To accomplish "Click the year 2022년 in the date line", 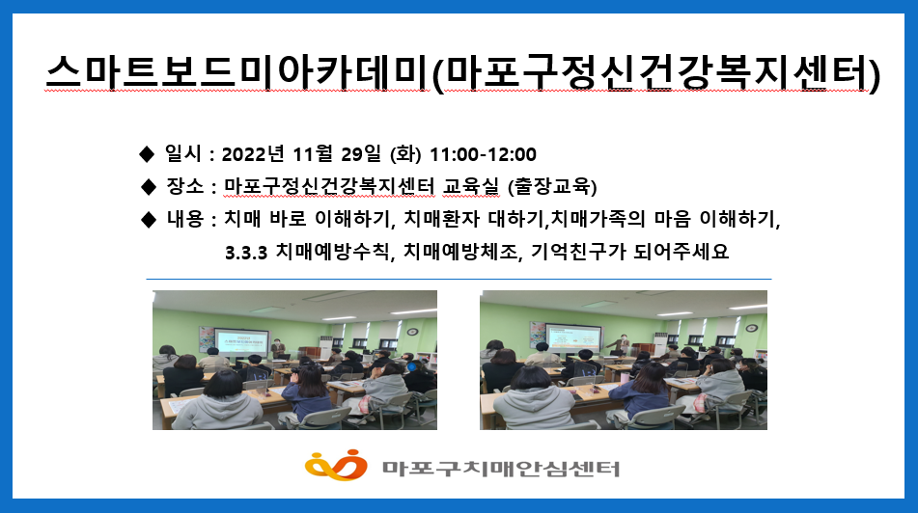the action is (x=253, y=154).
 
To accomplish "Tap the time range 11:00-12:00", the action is (x=483, y=154).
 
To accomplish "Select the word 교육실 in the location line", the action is (x=471, y=187).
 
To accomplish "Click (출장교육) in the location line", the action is (x=552, y=187).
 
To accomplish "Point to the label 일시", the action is (x=182, y=154).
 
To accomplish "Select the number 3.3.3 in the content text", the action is (x=246, y=253).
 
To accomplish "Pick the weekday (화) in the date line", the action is (x=405, y=154).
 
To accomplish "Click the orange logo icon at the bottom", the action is (x=336, y=465).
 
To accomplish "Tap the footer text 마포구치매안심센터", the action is (x=501, y=468).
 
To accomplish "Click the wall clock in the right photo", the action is (x=752, y=328).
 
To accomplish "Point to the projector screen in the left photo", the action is (x=241, y=341).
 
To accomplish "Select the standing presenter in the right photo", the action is (x=622, y=344).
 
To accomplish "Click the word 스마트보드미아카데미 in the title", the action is (x=238, y=73).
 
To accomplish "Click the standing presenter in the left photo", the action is (x=278, y=349).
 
